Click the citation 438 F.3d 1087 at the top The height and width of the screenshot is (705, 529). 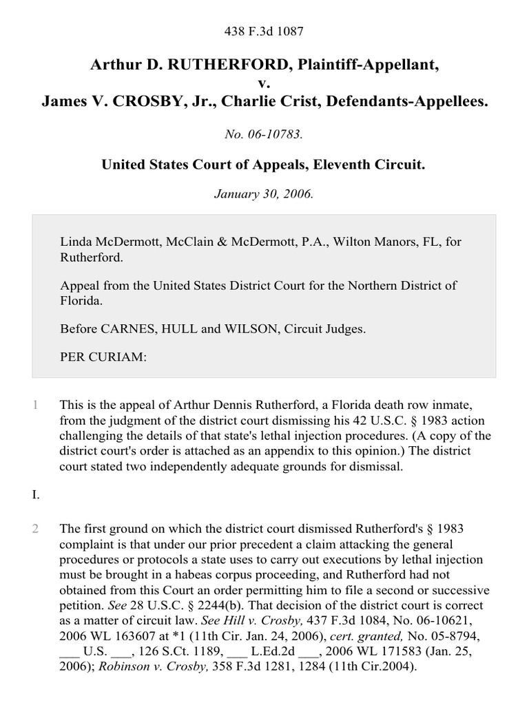pyautogui.click(x=264, y=31)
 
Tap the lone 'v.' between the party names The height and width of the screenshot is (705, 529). pyautogui.click(x=264, y=83)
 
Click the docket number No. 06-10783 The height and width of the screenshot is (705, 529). pyautogui.click(x=264, y=134)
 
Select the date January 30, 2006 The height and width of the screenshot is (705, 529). pyautogui.click(x=264, y=193)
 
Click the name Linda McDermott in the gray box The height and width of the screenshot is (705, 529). pyautogui.click(x=103, y=242)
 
